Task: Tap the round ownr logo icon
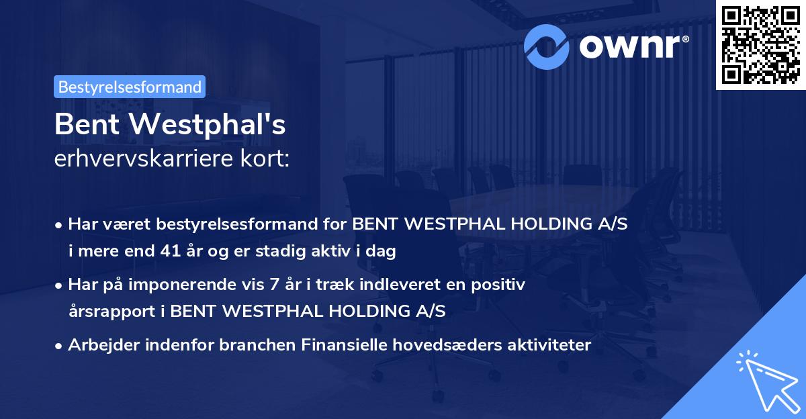(547, 46)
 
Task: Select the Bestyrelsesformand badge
(130, 87)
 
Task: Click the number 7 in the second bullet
(273, 285)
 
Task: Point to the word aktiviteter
(549, 345)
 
